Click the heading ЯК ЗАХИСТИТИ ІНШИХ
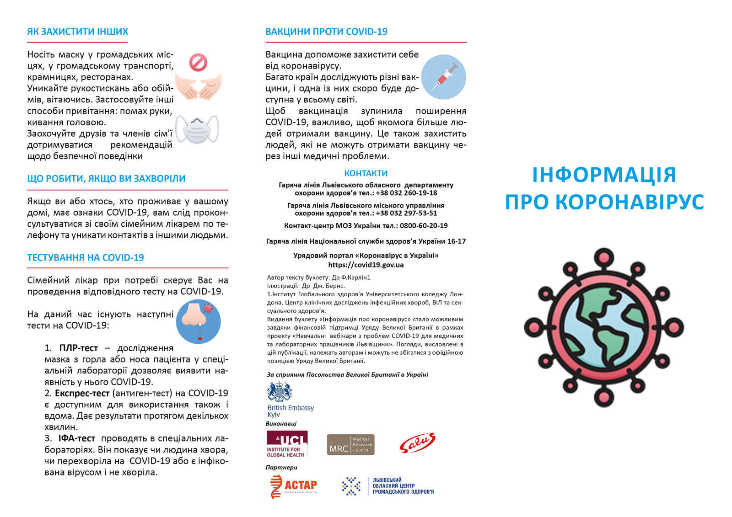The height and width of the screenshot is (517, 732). (77, 32)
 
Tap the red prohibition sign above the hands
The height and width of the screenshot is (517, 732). (198, 63)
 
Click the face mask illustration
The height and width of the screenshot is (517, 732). (197, 129)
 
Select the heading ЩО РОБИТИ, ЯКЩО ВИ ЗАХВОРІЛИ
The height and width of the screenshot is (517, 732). (106, 179)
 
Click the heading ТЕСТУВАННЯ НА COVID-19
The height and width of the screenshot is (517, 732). (86, 258)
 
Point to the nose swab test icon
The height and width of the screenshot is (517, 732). (198, 321)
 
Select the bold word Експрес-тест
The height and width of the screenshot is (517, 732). (82, 393)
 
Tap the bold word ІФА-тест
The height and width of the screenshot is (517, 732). (76, 438)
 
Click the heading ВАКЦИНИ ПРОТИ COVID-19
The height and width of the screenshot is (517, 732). (326, 32)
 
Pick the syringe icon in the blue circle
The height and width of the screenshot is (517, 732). (443, 77)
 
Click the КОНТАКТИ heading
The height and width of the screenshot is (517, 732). (366, 173)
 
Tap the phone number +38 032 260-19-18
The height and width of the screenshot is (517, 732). (406, 193)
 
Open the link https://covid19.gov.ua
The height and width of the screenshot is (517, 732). (366, 265)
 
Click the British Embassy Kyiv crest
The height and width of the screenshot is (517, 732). (279, 392)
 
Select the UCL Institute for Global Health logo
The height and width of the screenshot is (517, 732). (287, 444)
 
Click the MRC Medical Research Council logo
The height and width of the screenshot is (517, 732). (350, 445)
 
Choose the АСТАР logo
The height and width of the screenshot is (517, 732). (293, 486)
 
